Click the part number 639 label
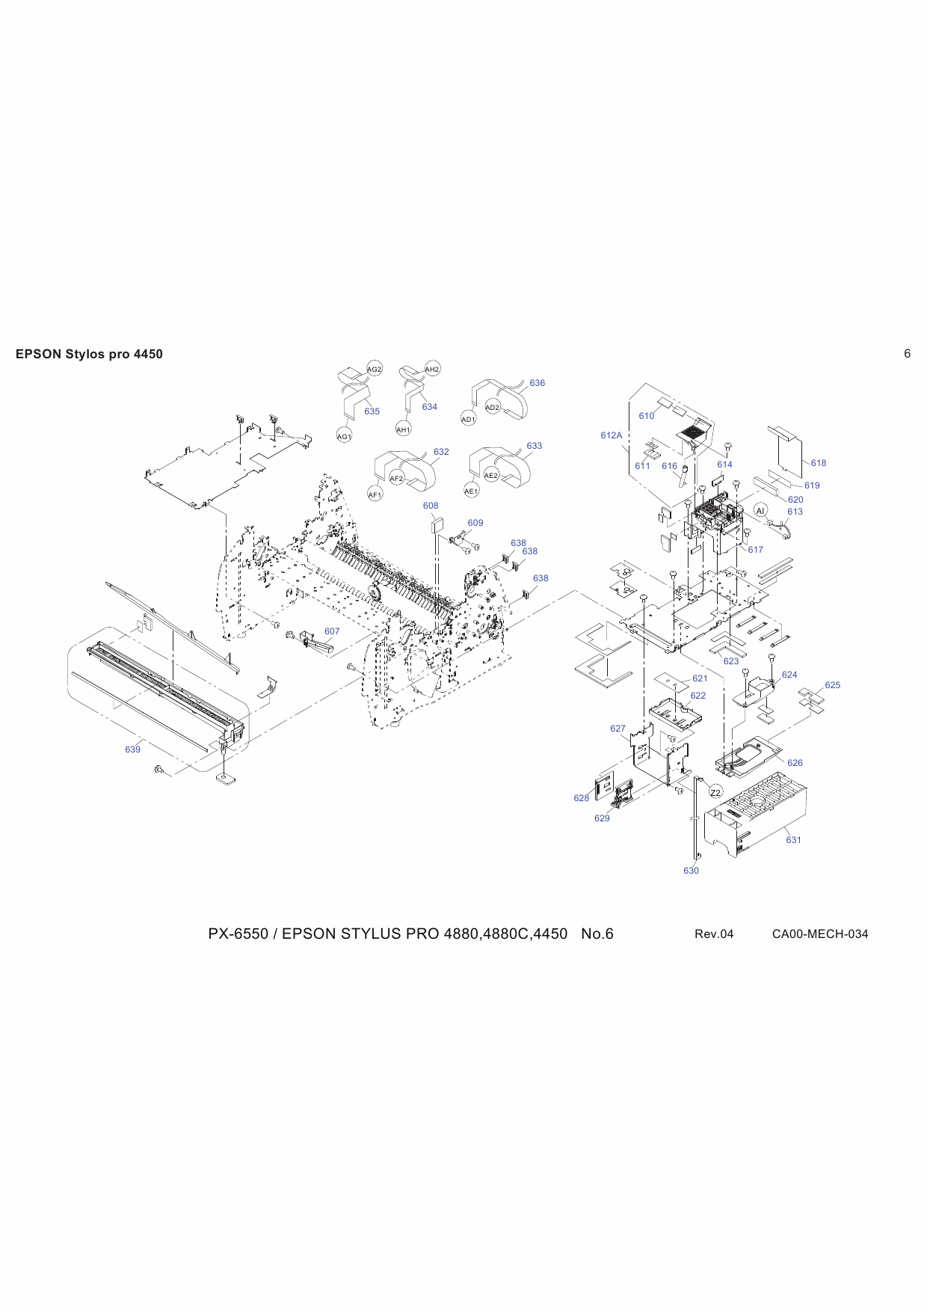pyautogui.click(x=132, y=750)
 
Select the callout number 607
pyautogui.click(x=332, y=631)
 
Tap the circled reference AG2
pyautogui.click(x=375, y=370)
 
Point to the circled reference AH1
pyautogui.click(x=403, y=430)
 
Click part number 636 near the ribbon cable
pyautogui.click(x=537, y=383)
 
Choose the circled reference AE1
pyautogui.click(x=471, y=491)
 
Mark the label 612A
pyautogui.click(x=611, y=435)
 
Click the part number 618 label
pyautogui.click(x=819, y=463)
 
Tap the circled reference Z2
pyautogui.click(x=715, y=793)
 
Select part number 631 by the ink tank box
pyautogui.click(x=793, y=840)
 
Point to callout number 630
pyautogui.click(x=691, y=871)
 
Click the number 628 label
pyautogui.click(x=581, y=798)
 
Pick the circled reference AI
pyautogui.click(x=760, y=510)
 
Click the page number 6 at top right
pyautogui.click(x=907, y=354)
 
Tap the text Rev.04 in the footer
pyautogui.click(x=714, y=934)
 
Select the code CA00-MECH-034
pyautogui.click(x=820, y=934)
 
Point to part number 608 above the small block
pyautogui.click(x=431, y=506)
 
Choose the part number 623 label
pyautogui.click(x=730, y=661)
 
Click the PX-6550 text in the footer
pyautogui.click(x=238, y=934)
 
